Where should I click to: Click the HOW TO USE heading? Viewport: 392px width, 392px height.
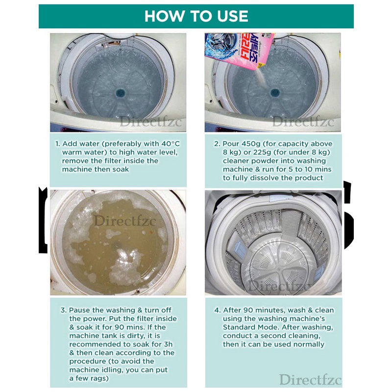coord(196,16)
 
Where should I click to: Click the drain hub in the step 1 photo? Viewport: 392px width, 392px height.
coord(121,93)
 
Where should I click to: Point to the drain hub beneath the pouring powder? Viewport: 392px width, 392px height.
coord(275,93)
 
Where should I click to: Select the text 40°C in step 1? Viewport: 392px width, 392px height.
coord(171,144)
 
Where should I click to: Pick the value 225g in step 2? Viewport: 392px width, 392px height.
coord(263,152)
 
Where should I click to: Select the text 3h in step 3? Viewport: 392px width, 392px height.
coord(168,344)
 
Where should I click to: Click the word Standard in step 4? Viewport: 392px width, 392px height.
coord(238,327)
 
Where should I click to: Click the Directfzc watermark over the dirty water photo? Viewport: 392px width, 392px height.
coord(124,221)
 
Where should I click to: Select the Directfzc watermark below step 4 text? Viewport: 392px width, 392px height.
coord(310,379)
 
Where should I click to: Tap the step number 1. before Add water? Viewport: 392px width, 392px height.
coord(58,144)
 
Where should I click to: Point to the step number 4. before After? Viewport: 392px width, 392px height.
coord(217,310)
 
